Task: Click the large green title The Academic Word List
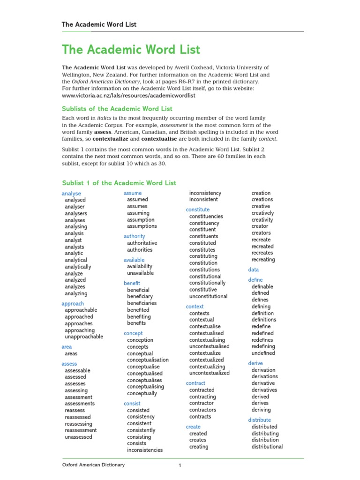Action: [x=131, y=50]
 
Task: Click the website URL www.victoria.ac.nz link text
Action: [x=128, y=95]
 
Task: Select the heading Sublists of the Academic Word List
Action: [x=117, y=109]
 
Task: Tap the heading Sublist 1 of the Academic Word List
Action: [x=119, y=183]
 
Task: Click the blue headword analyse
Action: [x=71, y=193]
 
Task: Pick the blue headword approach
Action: [x=73, y=303]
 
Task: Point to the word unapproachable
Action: [x=84, y=337]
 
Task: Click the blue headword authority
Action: [x=135, y=236]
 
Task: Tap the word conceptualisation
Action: [x=148, y=360]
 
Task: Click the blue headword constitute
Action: [x=198, y=210]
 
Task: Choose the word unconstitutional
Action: [x=208, y=296]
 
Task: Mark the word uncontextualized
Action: [x=209, y=373]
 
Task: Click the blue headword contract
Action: [x=195, y=383]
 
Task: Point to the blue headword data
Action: [x=254, y=270]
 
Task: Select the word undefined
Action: [x=263, y=353]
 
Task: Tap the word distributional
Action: [x=267, y=447]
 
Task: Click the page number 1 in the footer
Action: [x=180, y=465]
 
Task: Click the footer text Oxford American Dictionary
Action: [x=94, y=465]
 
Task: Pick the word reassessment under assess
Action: [x=81, y=430]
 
